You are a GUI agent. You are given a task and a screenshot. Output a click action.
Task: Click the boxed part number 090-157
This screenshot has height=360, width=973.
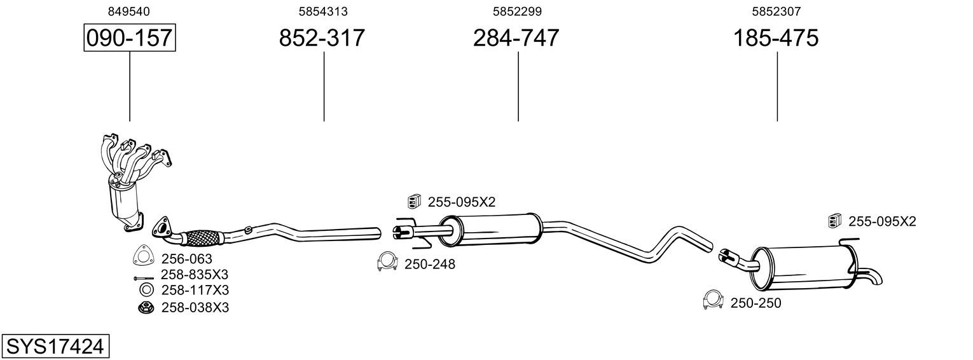tap(130, 38)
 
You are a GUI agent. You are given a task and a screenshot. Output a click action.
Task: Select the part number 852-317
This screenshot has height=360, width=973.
tap(322, 38)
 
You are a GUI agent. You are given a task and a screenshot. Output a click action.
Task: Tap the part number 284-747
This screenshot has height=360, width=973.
tap(516, 38)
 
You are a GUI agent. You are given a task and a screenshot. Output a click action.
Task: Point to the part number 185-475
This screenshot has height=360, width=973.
tap(776, 38)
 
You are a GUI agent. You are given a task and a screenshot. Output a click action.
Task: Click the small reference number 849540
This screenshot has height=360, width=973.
tap(129, 11)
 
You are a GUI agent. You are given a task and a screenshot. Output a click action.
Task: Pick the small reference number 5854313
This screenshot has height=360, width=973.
tap(323, 11)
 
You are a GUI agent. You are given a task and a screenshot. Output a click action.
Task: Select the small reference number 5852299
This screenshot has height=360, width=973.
tap(517, 11)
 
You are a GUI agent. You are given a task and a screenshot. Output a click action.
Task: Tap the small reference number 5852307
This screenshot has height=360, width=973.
tap(776, 11)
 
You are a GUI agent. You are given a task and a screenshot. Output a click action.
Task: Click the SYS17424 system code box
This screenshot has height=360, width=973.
tap(55, 347)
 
